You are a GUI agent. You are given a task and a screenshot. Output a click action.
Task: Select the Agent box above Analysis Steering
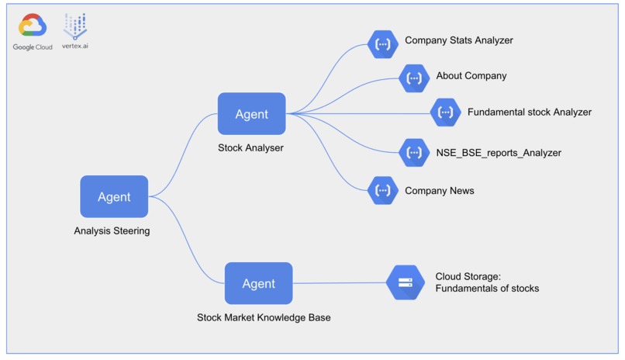tap(114, 197)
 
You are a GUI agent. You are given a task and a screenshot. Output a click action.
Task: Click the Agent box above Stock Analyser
tap(251, 114)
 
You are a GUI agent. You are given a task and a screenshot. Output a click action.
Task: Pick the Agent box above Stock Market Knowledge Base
tap(258, 283)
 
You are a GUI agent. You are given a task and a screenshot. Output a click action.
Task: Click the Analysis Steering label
tap(112, 230)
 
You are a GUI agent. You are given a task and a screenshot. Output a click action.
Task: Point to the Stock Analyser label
tap(250, 147)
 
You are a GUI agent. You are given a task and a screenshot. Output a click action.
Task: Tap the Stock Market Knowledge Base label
tap(264, 317)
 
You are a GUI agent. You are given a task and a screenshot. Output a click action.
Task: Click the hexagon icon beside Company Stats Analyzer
tap(382, 44)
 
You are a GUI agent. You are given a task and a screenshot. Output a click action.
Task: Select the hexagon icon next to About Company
tap(414, 78)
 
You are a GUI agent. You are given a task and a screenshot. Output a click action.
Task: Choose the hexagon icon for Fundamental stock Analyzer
tap(445, 112)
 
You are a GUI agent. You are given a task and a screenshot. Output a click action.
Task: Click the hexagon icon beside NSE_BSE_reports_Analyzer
tap(414, 153)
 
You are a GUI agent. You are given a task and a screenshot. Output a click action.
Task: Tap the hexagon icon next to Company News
tap(382, 190)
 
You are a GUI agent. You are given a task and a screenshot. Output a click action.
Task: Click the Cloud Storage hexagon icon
tap(406, 283)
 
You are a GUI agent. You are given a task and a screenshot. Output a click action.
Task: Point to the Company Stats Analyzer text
tap(458, 40)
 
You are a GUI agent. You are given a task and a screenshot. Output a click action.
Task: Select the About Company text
tap(471, 76)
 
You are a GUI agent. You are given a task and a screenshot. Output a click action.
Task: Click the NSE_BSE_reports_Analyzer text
tap(498, 153)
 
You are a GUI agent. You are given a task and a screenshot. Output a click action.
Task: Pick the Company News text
tap(439, 191)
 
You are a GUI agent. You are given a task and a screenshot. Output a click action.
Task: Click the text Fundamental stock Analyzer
tap(529, 112)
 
